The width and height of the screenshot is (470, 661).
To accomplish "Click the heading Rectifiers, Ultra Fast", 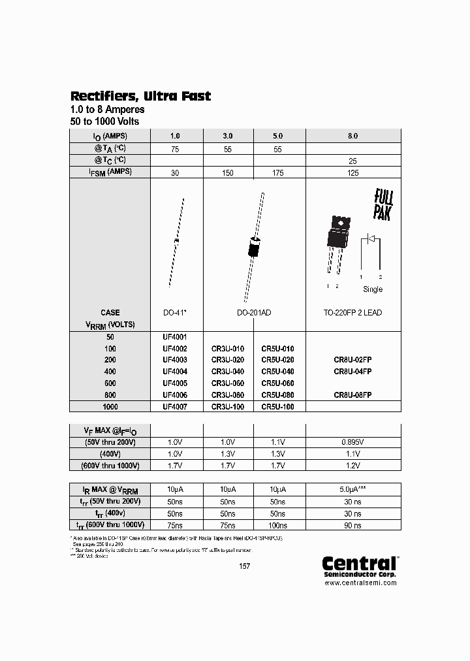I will pyautogui.click(x=140, y=96).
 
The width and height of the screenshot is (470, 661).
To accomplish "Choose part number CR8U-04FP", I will pyautogui.click(x=352, y=372).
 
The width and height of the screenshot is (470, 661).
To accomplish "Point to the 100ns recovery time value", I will pyautogui.click(x=277, y=524).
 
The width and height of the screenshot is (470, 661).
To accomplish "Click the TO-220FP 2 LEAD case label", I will pyautogui.click(x=352, y=313).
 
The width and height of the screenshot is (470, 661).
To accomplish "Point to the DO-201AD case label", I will pyautogui.click(x=253, y=313).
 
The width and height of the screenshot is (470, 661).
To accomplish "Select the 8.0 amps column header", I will pyautogui.click(x=352, y=136).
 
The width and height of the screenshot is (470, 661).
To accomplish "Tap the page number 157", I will pyautogui.click(x=244, y=566).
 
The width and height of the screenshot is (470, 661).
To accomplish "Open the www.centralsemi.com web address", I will pyautogui.click(x=360, y=583).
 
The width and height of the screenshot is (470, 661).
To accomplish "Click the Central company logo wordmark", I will pyautogui.click(x=360, y=563).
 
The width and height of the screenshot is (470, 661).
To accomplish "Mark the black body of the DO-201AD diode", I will pyautogui.click(x=254, y=248).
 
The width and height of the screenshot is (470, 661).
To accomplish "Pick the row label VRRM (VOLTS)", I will pyautogui.click(x=110, y=325).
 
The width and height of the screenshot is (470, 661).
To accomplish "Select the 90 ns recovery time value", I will pyautogui.click(x=352, y=524).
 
